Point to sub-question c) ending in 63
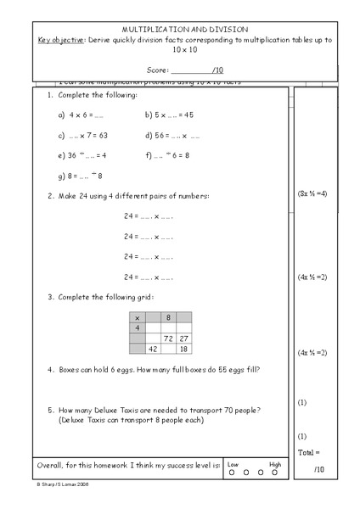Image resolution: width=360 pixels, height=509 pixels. (82, 135)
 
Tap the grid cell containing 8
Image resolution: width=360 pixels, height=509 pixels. (168, 317)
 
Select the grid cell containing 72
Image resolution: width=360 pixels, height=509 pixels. (168, 338)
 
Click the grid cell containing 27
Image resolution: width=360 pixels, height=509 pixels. (183, 338)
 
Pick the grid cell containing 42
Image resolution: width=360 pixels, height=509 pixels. (153, 348)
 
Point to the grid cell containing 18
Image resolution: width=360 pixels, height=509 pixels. (183, 348)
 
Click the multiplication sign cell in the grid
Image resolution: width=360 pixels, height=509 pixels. (138, 317)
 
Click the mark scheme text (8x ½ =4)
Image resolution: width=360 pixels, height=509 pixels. (312, 193)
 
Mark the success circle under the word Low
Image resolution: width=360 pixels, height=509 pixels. (232, 473)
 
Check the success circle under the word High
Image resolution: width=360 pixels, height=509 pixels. (274, 473)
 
